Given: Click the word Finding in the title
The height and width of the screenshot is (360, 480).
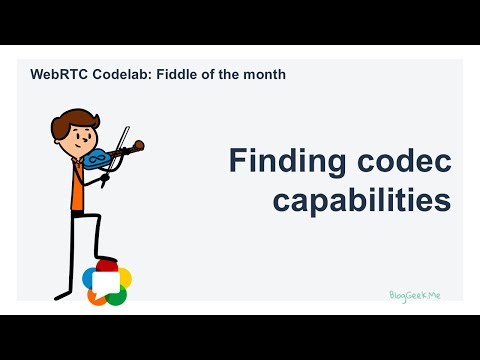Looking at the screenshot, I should click(284, 161).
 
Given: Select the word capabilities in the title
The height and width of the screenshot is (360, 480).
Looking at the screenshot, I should click(361, 200).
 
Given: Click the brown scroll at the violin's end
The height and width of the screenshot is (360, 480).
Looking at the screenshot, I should click(138, 146).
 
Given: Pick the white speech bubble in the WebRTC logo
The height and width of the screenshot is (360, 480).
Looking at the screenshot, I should click(107, 283).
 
